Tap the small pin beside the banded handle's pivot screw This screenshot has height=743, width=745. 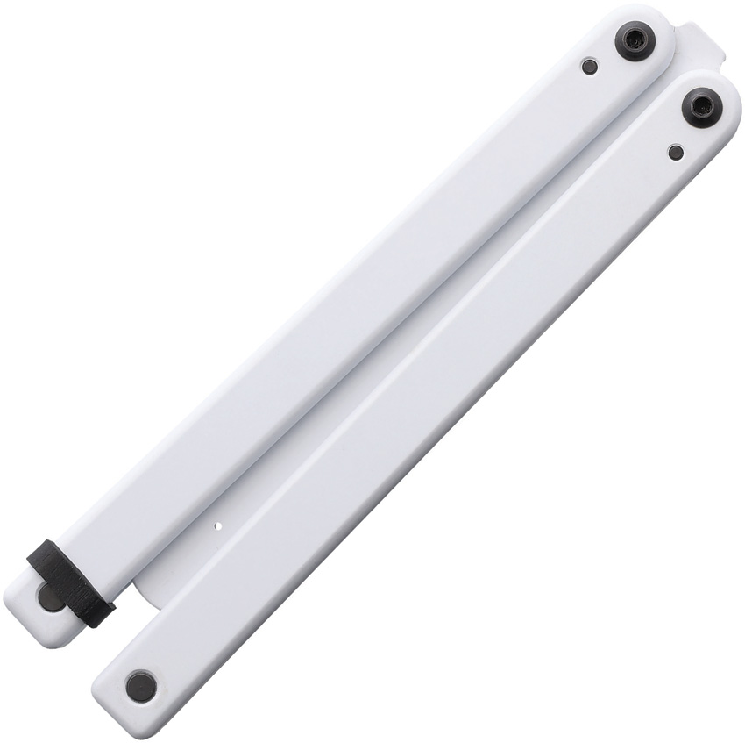[590, 66]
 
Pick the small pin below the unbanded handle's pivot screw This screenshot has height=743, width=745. [675, 153]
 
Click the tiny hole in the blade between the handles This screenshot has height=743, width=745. [220, 528]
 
